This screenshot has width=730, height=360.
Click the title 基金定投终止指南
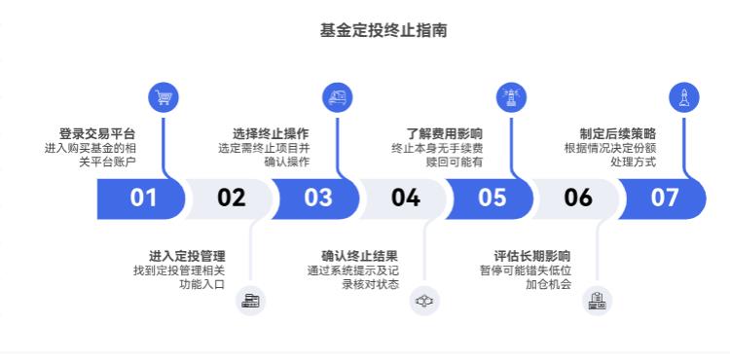(x=383, y=31)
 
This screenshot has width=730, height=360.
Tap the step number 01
(x=143, y=198)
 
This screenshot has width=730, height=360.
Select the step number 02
(x=231, y=198)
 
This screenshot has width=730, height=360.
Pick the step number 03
(x=317, y=198)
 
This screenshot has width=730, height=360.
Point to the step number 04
(x=405, y=198)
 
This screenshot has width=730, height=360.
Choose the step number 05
(x=492, y=198)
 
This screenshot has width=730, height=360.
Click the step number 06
(x=578, y=198)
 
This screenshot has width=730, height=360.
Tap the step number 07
(x=665, y=198)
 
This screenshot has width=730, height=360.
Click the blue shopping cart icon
(x=164, y=96)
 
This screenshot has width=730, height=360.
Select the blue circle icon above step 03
(x=337, y=96)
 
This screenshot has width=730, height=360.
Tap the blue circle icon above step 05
(x=511, y=96)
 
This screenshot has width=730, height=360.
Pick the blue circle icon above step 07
(x=684, y=96)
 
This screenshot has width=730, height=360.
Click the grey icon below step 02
(x=250, y=301)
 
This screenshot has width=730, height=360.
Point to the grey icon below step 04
(x=423, y=301)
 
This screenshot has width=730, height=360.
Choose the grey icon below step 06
(x=598, y=301)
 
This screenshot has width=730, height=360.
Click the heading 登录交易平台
(x=96, y=133)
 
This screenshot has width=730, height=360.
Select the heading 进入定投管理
(x=187, y=255)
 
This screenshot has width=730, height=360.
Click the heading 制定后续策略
(x=617, y=133)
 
